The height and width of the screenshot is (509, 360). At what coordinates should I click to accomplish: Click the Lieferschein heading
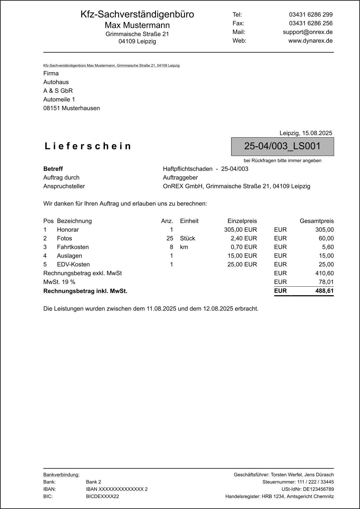88,146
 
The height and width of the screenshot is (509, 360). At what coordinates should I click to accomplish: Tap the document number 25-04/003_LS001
282,146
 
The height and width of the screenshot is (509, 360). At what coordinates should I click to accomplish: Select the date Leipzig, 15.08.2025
306,133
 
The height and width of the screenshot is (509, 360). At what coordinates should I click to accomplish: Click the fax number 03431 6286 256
311,23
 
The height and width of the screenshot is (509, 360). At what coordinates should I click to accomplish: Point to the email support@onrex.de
308,32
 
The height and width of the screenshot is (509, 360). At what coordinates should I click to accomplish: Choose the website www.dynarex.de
310,41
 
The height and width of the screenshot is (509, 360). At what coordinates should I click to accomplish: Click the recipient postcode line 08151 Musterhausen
71,108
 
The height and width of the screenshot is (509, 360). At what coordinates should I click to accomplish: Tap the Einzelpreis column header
242,221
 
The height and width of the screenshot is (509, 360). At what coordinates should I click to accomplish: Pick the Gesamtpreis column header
317,221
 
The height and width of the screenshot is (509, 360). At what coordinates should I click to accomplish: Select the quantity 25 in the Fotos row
170,238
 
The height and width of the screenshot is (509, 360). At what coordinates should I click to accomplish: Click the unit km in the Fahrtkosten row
184,247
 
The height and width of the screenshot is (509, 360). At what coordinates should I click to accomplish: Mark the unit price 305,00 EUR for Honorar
240,230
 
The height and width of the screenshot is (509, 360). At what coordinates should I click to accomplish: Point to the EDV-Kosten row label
73,264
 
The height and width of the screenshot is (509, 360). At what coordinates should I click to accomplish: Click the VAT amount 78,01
326,282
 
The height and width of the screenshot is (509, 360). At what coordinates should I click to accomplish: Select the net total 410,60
324,273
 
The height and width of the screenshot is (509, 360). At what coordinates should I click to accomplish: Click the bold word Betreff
53,169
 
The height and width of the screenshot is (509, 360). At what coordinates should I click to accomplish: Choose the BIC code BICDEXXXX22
102,496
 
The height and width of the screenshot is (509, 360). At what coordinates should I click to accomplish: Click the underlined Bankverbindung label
61,475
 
